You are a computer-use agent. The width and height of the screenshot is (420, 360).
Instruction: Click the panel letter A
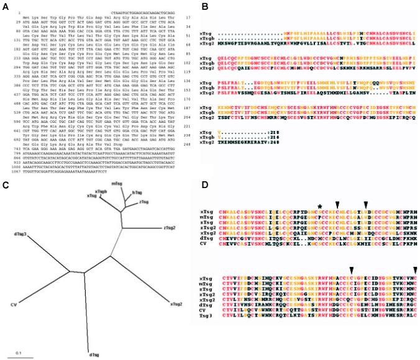pos(6,4)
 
